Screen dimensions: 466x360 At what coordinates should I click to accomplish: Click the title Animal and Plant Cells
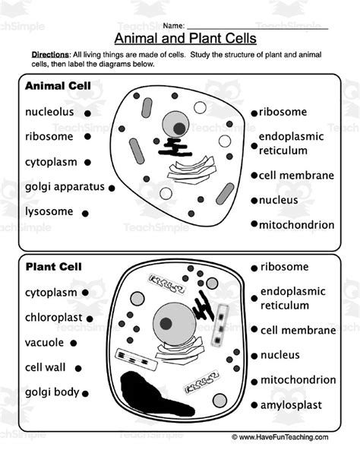[x=185, y=38]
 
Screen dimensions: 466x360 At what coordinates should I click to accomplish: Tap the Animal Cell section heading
[x=58, y=86]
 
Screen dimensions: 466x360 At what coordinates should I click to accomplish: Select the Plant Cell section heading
[x=54, y=267]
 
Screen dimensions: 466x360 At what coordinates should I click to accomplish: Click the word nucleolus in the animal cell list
[x=49, y=112]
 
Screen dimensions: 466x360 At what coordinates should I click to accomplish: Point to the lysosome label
[x=49, y=211]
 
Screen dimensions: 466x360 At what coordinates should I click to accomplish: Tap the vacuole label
[x=44, y=342]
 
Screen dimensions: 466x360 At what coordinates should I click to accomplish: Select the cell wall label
[x=46, y=367]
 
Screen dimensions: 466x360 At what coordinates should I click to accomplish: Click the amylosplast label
[x=292, y=404]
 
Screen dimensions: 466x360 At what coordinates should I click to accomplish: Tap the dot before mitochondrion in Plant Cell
[x=253, y=380]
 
